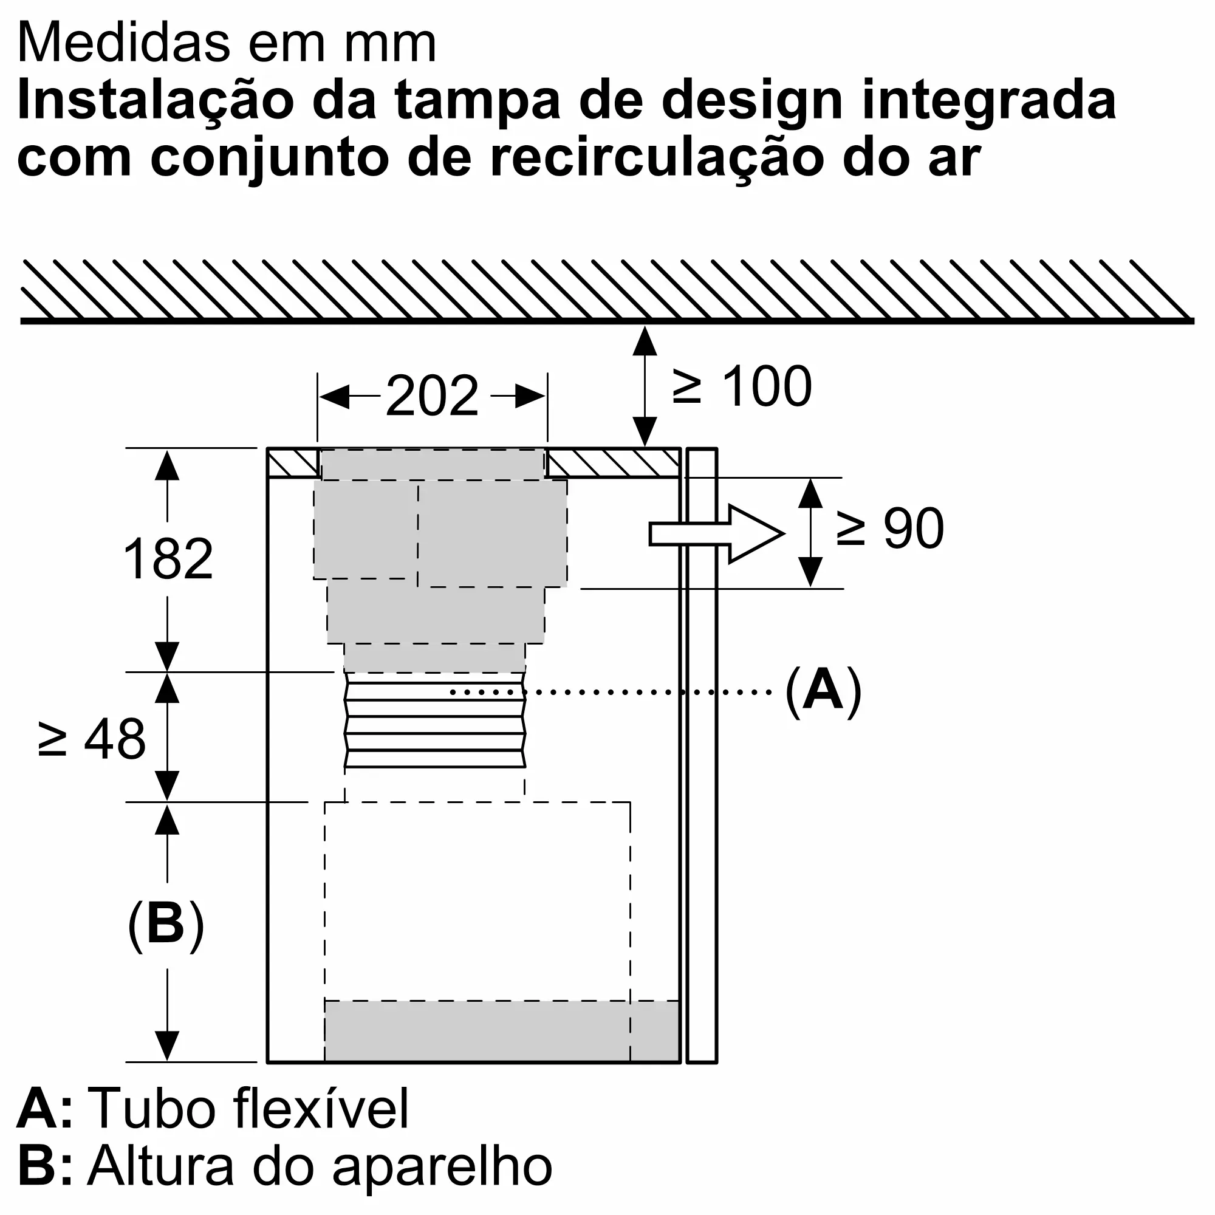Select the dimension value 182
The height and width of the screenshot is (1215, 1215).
coord(168,559)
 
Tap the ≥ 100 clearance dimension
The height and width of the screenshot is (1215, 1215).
coord(742,387)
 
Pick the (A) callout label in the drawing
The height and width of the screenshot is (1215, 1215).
coord(823,692)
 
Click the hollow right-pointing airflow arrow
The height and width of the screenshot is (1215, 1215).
coord(717,533)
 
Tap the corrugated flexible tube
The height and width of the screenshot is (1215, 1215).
coord(434,720)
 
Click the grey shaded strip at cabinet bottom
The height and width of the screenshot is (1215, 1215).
coord(501,1032)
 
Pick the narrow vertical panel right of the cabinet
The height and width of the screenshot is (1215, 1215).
coord(701,755)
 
